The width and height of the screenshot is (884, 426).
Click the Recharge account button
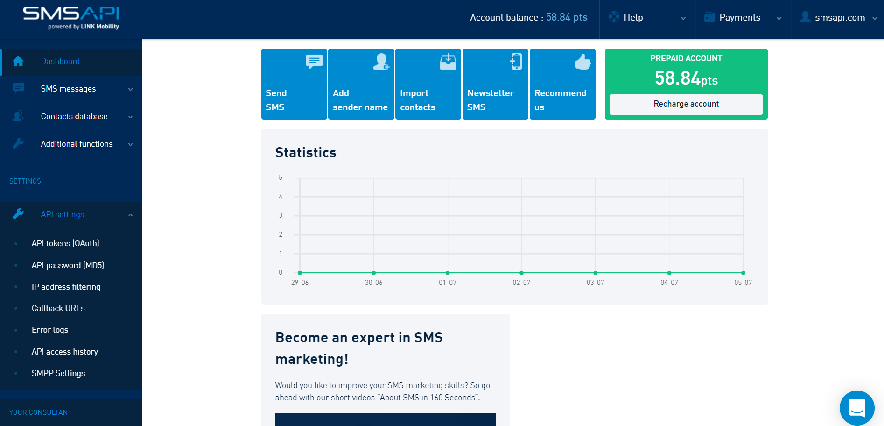click(x=686, y=104)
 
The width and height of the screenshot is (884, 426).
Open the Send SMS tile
click(x=294, y=84)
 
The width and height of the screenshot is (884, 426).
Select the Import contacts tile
click(x=428, y=84)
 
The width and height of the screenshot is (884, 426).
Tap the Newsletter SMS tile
click(x=495, y=84)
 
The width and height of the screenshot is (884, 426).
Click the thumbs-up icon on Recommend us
click(x=582, y=62)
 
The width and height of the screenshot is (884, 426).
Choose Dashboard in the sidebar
click(x=60, y=61)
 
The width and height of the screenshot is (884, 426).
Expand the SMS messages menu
click(x=68, y=89)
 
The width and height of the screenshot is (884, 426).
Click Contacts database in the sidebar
click(x=74, y=116)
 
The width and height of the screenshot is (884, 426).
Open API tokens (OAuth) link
click(x=65, y=243)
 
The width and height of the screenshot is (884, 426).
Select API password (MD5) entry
click(x=68, y=265)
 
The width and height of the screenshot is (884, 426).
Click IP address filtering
click(x=66, y=287)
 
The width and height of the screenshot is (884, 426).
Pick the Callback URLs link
click(x=58, y=308)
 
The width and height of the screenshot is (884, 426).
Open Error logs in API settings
click(x=50, y=330)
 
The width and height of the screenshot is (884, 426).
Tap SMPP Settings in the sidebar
click(x=58, y=373)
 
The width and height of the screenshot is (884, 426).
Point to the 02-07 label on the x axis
click(x=521, y=283)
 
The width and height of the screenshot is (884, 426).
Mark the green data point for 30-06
click(x=374, y=273)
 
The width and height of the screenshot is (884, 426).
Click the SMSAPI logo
click(x=71, y=18)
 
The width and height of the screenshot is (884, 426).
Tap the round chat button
click(x=857, y=408)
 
